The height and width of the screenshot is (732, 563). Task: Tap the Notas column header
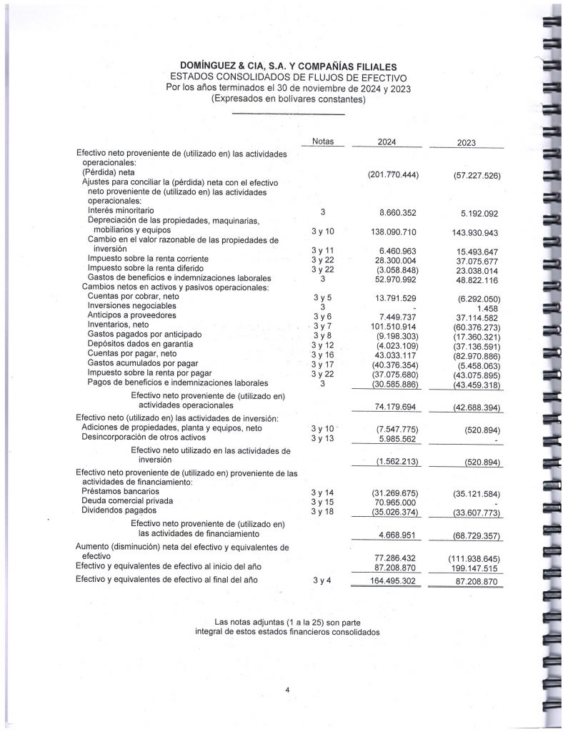click(x=323, y=141)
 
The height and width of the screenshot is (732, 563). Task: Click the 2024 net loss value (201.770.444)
click(x=392, y=175)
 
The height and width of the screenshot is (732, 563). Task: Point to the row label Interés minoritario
click(x=121, y=211)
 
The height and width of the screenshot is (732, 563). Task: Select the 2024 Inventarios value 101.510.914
click(x=392, y=325)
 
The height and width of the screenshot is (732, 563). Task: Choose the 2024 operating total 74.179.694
click(x=392, y=407)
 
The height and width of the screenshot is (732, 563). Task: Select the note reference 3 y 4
click(x=323, y=580)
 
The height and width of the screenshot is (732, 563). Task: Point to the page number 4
click(x=287, y=689)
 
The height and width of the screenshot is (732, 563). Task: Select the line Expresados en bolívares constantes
click(x=288, y=99)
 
